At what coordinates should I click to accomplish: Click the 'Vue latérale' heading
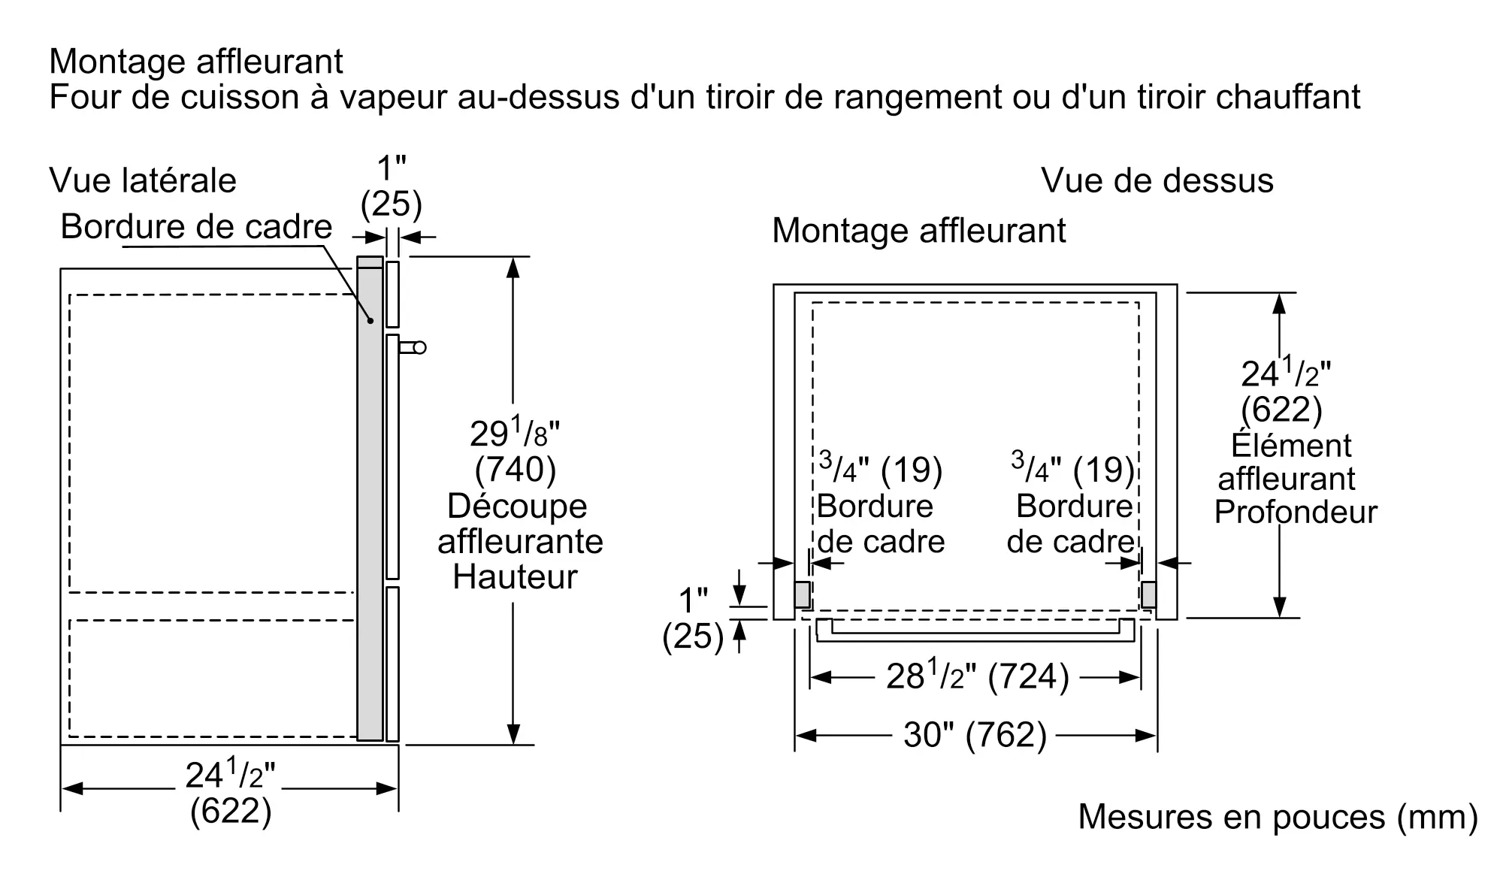(x=143, y=181)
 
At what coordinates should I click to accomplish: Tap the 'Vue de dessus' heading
(x=1157, y=181)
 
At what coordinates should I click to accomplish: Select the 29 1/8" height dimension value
(x=515, y=433)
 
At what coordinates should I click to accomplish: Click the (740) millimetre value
(x=516, y=470)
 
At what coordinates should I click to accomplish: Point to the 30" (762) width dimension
(x=975, y=734)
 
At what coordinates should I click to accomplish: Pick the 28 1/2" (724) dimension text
(x=976, y=676)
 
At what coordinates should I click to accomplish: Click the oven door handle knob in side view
(x=419, y=347)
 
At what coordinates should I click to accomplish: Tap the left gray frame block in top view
(x=802, y=594)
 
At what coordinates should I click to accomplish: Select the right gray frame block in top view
(x=1148, y=594)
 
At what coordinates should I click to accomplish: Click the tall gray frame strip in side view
(x=370, y=500)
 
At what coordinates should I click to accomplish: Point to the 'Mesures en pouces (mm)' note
(x=1278, y=817)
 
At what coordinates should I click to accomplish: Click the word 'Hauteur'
(x=516, y=577)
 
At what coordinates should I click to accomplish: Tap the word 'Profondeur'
(x=1296, y=512)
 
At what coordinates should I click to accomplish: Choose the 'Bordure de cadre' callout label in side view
(x=196, y=226)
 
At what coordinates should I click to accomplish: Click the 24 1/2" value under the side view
(x=230, y=775)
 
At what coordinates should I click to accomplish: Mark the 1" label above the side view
(x=391, y=168)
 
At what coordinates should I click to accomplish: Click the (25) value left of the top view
(x=692, y=637)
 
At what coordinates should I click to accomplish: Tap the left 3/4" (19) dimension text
(x=880, y=470)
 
